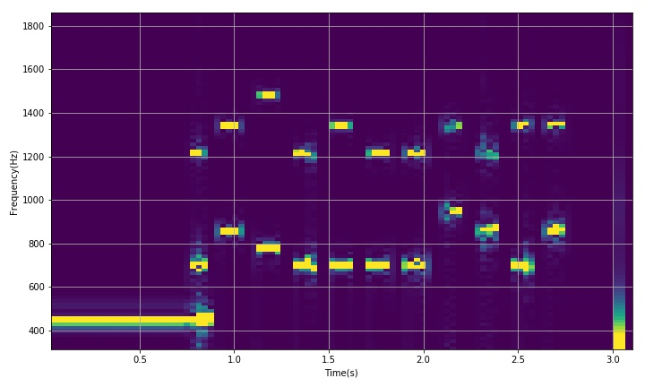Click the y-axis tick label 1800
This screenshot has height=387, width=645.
tap(35, 26)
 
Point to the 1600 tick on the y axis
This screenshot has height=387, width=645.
tap(35, 70)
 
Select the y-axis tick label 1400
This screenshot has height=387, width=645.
tap(35, 114)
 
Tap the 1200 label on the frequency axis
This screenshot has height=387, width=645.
tap(35, 157)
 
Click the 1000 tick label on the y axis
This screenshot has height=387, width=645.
tap(35, 201)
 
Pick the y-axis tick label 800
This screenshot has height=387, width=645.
tap(38, 244)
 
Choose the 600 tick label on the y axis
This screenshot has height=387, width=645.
tap(38, 288)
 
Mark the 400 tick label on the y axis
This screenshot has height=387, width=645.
tap(38, 331)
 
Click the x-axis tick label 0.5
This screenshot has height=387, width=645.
tap(140, 360)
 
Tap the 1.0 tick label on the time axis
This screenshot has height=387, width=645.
tap(234, 360)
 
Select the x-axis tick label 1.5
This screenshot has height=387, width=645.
tap(329, 360)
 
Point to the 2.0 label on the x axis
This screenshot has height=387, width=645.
tap(424, 360)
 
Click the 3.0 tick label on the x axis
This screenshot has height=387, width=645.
tap(613, 360)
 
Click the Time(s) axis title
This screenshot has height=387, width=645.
tap(340, 373)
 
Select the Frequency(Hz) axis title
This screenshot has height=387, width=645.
tap(13, 181)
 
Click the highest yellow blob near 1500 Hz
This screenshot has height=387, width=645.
tap(268, 95)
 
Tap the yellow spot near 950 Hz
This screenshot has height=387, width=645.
tap(455, 211)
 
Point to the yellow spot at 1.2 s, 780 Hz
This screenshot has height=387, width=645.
tap(268, 248)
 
